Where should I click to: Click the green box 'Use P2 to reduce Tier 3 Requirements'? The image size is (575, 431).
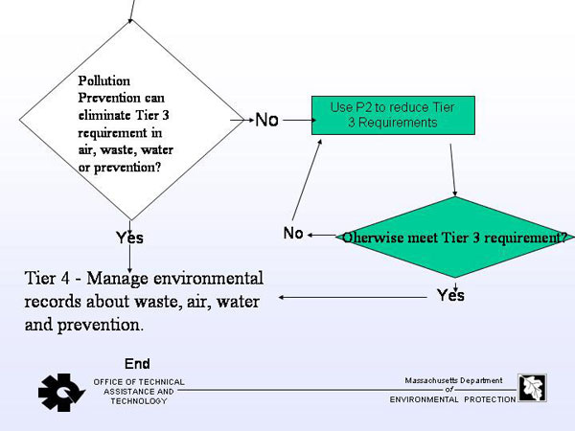pyautogui.click(x=393, y=116)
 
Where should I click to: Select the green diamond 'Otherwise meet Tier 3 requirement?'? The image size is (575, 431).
pyautogui.click(x=455, y=238)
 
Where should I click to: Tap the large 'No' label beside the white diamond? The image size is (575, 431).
pyautogui.click(x=266, y=120)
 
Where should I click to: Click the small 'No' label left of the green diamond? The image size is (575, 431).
pyautogui.click(x=293, y=233)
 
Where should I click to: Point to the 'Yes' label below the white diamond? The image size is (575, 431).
pyautogui.click(x=129, y=238)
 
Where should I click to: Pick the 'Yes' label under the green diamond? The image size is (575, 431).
pyautogui.click(x=450, y=295)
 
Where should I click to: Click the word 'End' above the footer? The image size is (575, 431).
pyautogui.click(x=137, y=364)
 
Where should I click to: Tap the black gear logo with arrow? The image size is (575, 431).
pyautogui.click(x=61, y=393)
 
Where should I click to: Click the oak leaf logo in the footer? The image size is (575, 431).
pyautogui.click(x=532, y=388)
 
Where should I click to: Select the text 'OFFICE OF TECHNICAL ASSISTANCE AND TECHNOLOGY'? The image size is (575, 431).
pyautogui.click(x=139, y=392)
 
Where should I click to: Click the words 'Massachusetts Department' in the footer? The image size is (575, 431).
pyautogui.click(x=453, y=380)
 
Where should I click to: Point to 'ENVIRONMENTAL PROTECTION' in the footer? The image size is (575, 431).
pyautogui.click(x=453, y=399)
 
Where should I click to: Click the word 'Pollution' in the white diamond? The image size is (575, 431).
pyautogui.click(x=104, y=81)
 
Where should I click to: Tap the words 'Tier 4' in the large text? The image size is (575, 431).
pyautogui.click(x=47, y=278)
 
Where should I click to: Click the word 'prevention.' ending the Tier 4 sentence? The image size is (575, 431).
pyautogui.click(x=100, y=325)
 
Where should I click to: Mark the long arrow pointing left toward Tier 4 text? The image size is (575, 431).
pyautogui.click(x=353, y=297)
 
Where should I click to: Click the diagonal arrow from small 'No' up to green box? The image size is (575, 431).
pyautogui.click(x=307, y=180)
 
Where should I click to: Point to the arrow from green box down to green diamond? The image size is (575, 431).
pyautogui.click(x=453, y=170)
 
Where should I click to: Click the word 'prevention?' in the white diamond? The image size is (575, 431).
pyautogui.click(x=127, y=168)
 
